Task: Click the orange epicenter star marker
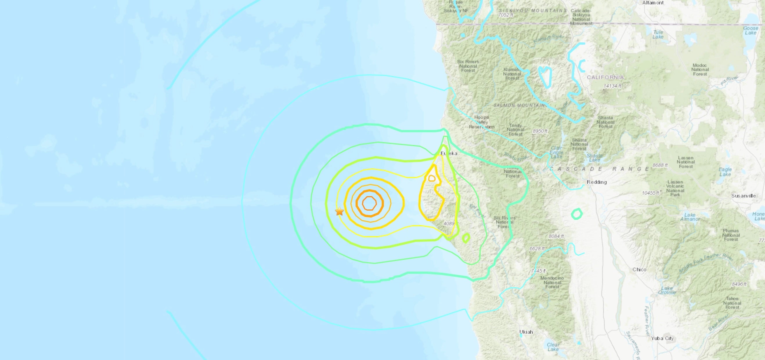(339, 211)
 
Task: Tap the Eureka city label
(449, 153)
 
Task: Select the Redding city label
(597, 182)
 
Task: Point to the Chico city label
(639, 269)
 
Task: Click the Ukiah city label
(526, 332)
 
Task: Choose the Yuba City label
(662, 338)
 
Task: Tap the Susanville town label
(743, 196)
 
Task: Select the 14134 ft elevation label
(612, 86)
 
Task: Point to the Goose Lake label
(750, 30)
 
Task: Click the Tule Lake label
(658, 35)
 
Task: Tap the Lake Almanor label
(690, 217)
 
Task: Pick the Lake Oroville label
(667, 290)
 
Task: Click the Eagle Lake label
(725, 172)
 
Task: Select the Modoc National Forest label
(700, 69)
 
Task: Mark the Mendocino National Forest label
(552, 282)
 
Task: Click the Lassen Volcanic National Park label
(675, 188)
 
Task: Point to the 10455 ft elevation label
(650, 193)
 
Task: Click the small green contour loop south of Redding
(577, 214)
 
